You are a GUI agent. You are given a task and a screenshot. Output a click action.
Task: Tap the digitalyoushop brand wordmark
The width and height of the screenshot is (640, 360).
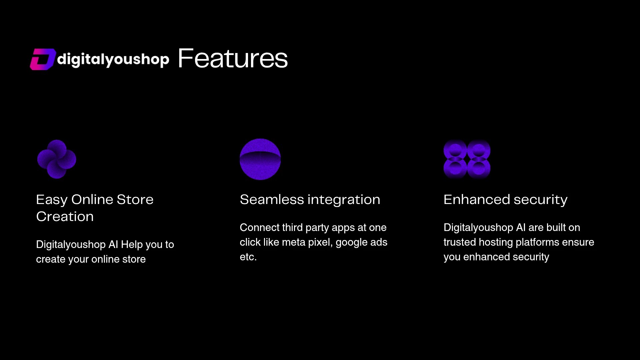pos(113,60)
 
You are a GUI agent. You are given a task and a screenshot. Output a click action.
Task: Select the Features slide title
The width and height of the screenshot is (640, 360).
pos(233,59)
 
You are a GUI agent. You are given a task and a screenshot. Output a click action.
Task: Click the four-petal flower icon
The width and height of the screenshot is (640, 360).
pos(57,159)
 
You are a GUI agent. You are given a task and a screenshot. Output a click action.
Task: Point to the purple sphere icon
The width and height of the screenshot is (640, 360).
pos(260,159)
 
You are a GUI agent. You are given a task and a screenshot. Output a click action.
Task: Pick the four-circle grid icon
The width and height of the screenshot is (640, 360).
pos(467,159)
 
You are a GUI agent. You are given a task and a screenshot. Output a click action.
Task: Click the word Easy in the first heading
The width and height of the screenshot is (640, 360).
pos(52,200)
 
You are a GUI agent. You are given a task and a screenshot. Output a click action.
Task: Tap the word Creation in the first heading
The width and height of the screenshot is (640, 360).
pos(65,217)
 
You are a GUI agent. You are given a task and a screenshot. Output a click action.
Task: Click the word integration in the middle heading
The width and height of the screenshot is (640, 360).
pos(344,200)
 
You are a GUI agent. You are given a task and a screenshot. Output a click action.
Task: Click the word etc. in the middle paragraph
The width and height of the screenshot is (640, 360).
pos(248,257)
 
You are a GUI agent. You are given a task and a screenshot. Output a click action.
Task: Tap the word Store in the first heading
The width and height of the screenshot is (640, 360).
pos(135,200)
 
